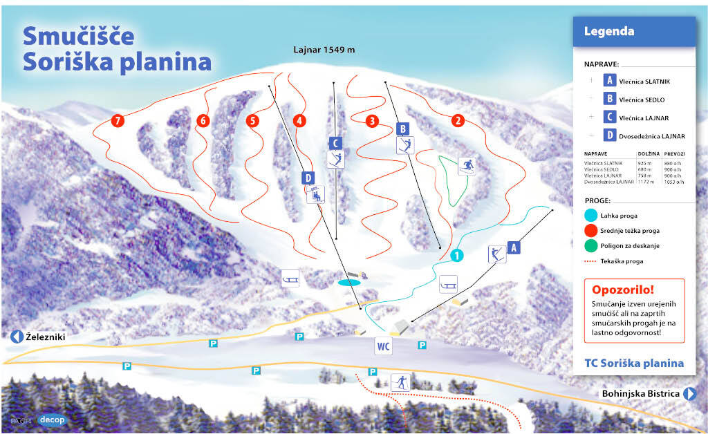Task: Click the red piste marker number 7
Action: (x=119, y=121)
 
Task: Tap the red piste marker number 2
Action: (x=457, y=120)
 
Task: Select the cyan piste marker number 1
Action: (x=456, y=256)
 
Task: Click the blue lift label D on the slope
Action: (x=308, y=178)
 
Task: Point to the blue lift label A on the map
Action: (x=512, y=247)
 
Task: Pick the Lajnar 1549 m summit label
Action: (x=323, y=50)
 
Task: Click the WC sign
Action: (x=384, y=346)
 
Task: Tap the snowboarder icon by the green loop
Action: (x=467, y=166)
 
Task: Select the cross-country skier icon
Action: (x=400, y=382)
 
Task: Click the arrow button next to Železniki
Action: (x=17, y=337)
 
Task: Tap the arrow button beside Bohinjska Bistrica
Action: (x=689, y=394)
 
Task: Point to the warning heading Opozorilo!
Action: (x=622, y=290)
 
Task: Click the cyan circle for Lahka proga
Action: (x=590, y=215)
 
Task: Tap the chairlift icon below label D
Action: (x=316, y=194)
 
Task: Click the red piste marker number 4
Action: (x=299, y=120)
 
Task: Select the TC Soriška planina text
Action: (x=633, y=363)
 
